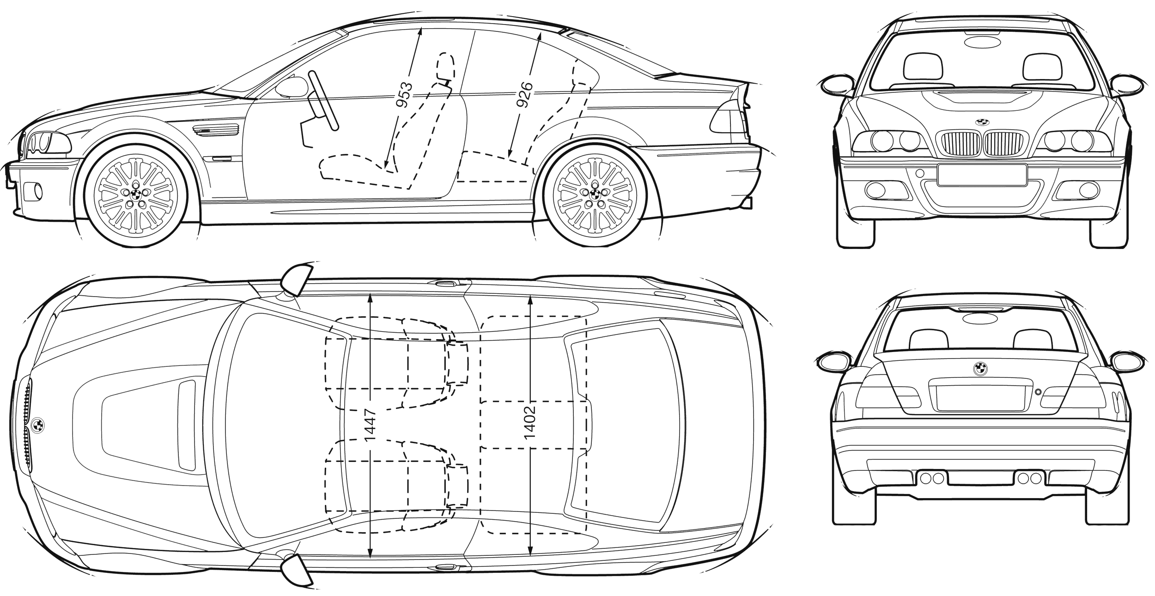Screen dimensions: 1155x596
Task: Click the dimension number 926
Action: tap(526, 96)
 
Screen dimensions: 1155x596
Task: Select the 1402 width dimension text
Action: tap(530, 422)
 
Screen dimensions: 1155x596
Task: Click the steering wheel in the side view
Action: tap(324, 99)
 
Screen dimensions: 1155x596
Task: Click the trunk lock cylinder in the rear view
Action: tap(1039, 392)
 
